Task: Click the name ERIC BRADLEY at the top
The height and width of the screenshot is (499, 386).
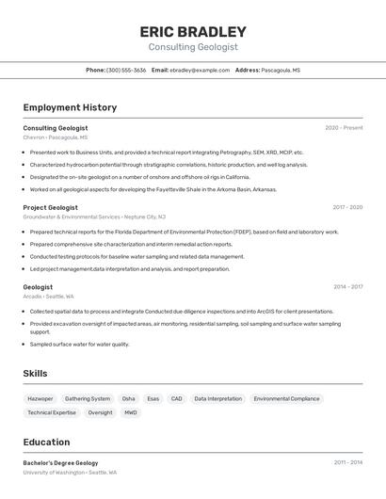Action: point(192,31)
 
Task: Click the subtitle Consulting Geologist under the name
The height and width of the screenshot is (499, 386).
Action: point(192,47)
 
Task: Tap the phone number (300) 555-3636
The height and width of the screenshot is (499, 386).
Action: point(126,70)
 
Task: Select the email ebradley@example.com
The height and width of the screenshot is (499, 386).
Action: point(200,70)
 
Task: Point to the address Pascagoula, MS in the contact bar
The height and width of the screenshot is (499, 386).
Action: point(281,70)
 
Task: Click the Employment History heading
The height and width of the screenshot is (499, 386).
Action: point(70,107)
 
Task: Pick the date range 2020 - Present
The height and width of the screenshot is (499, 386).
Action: point(344,128)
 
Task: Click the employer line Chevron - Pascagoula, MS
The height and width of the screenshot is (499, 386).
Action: point(56,137)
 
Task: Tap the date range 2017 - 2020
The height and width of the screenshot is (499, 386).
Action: point(347,207)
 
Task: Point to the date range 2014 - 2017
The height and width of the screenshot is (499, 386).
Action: point(347,287)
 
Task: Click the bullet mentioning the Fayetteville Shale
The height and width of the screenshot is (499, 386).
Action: point(153,189)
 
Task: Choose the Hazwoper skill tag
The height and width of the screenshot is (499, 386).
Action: point(40,398)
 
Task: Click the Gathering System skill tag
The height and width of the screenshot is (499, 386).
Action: point(88,398)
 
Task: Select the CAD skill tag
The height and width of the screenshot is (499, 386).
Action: point(176,398)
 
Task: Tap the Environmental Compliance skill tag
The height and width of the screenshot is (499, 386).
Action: point(286,398)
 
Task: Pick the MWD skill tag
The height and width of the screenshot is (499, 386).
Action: point(131,412)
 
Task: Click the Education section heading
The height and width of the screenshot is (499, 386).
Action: point(46,442)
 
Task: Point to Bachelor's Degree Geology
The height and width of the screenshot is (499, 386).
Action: point(60,463)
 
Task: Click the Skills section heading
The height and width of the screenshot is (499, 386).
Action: point(35,374)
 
